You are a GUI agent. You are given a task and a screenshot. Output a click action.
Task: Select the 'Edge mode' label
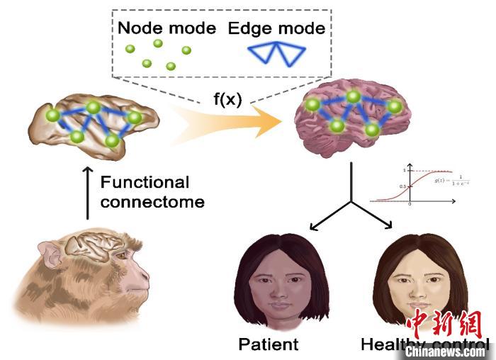point(276,29)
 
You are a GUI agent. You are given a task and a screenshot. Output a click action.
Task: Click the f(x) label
point(228,99)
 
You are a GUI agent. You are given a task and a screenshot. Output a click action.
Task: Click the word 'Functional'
point(145,182)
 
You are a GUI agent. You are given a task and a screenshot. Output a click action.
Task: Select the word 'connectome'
point(152,202)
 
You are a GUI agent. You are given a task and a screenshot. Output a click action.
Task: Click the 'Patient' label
point(269,345)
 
